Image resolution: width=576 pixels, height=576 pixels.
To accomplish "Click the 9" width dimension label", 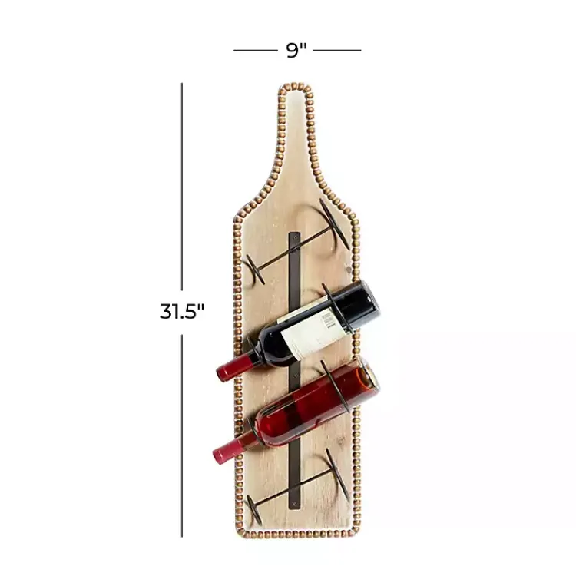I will coord(296,51).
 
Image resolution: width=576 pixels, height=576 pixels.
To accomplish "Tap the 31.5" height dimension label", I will coord(182,311).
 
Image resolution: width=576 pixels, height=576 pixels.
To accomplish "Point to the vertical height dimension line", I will coord(182,192).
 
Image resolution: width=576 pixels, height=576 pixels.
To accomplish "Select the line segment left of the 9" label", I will coord(255,51).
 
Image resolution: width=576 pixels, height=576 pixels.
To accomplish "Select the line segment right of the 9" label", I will coord(337,51).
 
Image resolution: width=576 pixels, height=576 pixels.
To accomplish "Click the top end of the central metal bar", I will coord(294,234).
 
